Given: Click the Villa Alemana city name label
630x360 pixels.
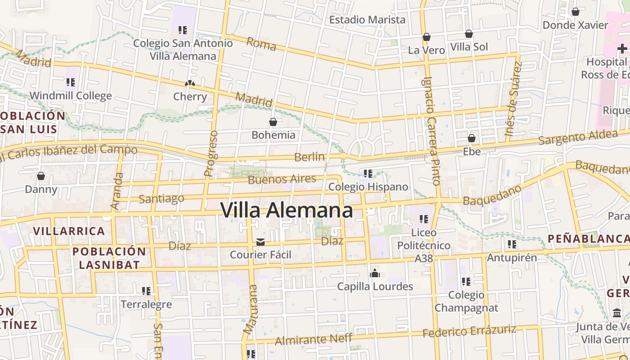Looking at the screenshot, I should coord(287,211).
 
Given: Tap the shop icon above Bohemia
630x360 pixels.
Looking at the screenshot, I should coord(273,122).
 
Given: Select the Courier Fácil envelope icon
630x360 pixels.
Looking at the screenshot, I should coord(261,242).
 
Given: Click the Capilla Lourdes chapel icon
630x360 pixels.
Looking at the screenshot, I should coord(375,273).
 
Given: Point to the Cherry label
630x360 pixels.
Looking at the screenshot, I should coord(190,97).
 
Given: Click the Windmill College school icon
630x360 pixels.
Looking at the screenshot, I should coord(70,82).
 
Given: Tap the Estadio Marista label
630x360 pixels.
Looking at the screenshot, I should coord(367,20).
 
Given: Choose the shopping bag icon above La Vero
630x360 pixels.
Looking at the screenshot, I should coord(426,37).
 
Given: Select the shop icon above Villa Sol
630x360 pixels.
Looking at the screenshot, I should coord(468,34).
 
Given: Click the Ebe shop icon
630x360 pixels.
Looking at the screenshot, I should coord(472,138).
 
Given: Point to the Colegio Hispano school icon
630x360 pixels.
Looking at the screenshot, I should coord(368,173).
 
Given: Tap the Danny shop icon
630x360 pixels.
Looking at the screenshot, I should coord(41,176).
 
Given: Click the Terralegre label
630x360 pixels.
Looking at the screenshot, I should coord(146,305).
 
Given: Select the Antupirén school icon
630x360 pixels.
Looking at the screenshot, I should coord(512,244).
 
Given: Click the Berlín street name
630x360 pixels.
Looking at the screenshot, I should coord(310,157).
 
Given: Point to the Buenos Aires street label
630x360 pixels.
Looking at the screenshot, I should coord(282,180).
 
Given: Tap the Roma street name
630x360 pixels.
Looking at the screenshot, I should coord(261,44).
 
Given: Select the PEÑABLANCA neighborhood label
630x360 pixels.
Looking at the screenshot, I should coord(588,239).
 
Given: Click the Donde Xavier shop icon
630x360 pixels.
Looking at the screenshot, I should coord(575,12).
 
